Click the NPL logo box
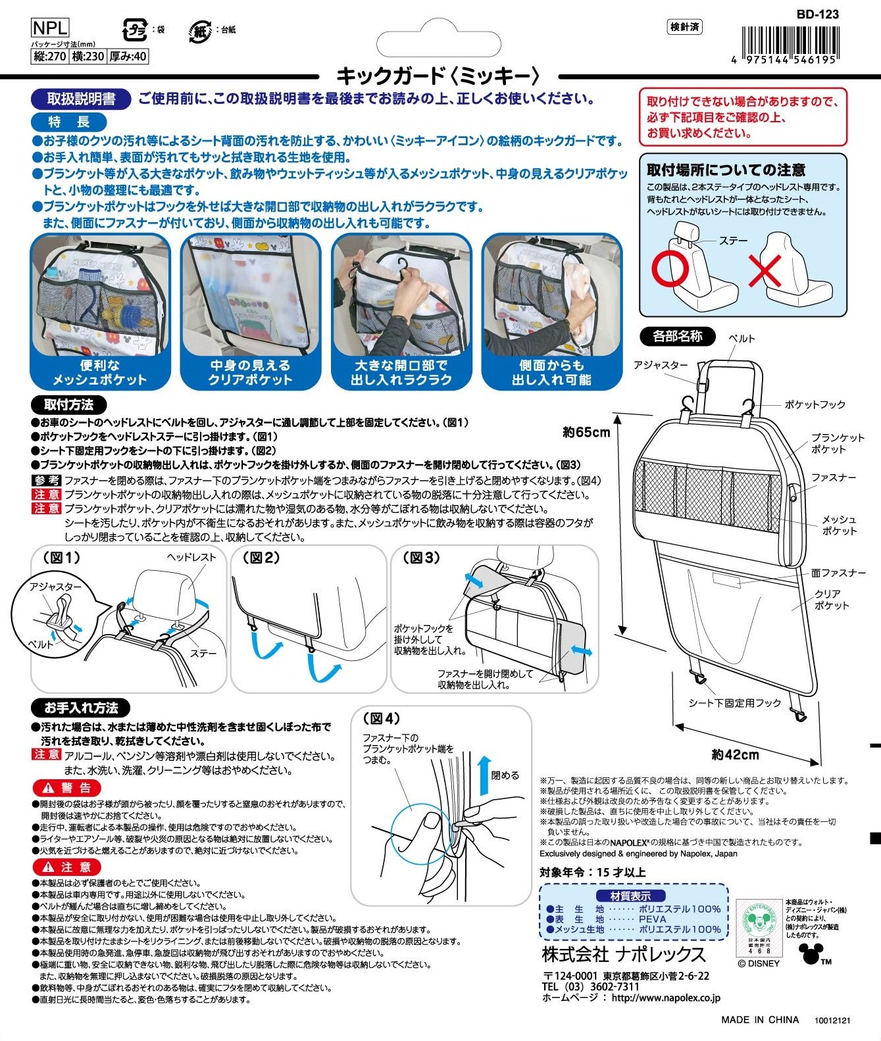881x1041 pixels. (49, 28)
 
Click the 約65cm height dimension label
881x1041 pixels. (586, 432)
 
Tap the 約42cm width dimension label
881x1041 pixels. (735, 754)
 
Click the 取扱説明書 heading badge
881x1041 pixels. (81, 99)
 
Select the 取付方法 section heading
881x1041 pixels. (68, 404)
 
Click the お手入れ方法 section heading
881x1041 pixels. (81, 708)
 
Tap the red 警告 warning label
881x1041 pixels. (67, 788)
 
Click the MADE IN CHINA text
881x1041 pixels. (760, 1020)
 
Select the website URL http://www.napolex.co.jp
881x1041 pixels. (666, 998)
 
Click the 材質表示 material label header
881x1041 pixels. (631, 896)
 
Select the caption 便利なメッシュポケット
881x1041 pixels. (100, 372)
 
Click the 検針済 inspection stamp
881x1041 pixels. (685, 27)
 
